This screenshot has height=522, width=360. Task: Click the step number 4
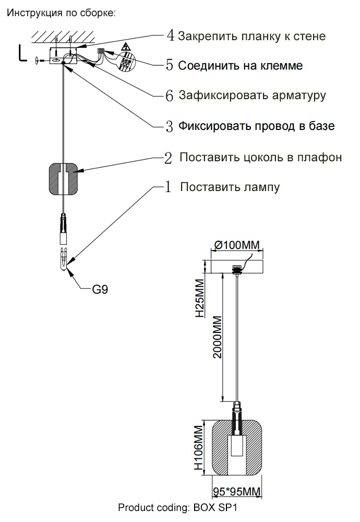[170, 35]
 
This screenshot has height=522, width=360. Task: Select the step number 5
[170, 65]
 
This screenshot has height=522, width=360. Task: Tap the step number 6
[170, 96]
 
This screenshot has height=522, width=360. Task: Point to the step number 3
[170, 126]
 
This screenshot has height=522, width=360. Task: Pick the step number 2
[168, 158]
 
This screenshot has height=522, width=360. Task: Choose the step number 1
[168, 187]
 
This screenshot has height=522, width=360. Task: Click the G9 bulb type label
[100, 289]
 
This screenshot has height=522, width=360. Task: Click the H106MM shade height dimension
[198, 448]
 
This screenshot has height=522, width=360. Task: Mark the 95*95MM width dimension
[237, 491]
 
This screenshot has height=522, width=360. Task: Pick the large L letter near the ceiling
[22, 53]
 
